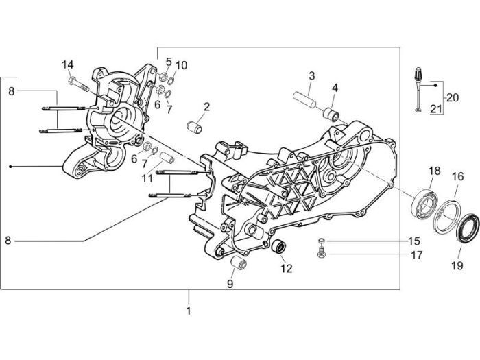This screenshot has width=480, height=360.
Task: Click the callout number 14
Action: click(x=67, y=64)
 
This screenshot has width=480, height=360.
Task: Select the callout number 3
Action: click(x=311, y=75)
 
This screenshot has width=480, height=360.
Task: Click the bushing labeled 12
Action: click(x=278, y=245)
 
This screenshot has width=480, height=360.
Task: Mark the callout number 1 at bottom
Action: click(x=189, y=310)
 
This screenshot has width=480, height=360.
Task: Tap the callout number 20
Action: click(x=452, y=97)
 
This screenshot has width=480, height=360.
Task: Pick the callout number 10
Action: click(x=180, y=65)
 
